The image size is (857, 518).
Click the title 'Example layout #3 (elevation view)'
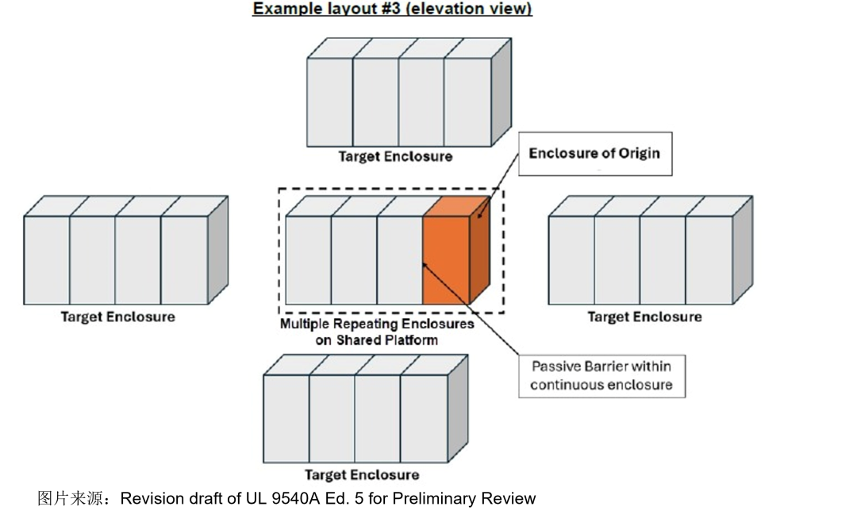tap(392, 10)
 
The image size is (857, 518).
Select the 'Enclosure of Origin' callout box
tap(594, 153)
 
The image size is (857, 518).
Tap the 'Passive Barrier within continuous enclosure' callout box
tap(601, 376)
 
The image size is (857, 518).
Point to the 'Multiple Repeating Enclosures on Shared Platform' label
tap(376, 332)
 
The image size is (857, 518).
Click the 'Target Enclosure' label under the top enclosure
tap(395, 156)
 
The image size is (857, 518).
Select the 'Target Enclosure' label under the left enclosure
tap(117, 317)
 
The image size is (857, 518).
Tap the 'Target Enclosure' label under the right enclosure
tap(644, 317)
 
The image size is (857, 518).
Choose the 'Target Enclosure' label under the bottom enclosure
tap(362, 474)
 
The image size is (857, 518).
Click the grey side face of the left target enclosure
tap(217, 249)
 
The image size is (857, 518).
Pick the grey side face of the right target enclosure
tap(742, 249)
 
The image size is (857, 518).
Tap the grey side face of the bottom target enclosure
tap(457, 408)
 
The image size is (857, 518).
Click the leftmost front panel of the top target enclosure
tap(330, 102)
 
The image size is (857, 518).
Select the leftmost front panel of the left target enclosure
tap(47, 260)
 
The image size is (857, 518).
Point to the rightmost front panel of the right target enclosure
tap(709, 260)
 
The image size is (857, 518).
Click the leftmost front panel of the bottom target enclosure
tap(286, 419)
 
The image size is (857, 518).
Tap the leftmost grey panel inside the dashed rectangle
tap(308, 259)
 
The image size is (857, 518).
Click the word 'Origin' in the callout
tap(639, 153)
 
